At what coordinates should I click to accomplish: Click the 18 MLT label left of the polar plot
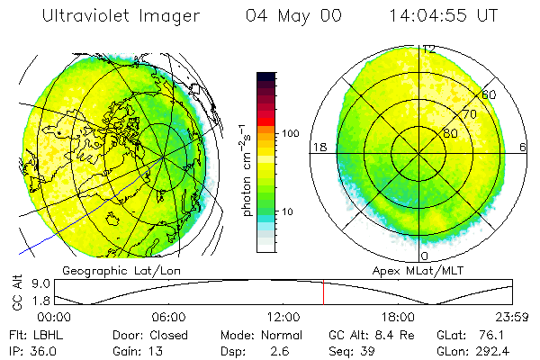[x=318, y=146]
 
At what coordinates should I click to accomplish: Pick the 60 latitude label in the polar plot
[x=490, y=94]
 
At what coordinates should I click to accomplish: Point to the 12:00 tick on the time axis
[x=283, y=317]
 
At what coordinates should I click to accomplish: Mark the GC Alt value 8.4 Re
[x=364, y=334]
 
